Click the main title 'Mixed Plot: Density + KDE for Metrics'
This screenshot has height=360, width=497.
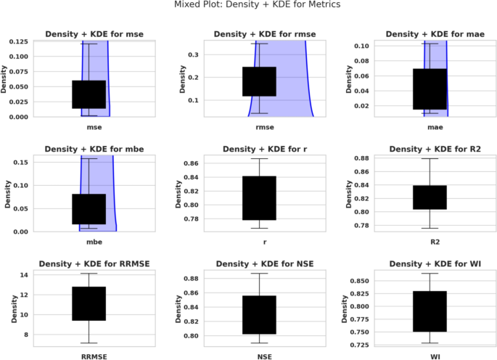(248, 5)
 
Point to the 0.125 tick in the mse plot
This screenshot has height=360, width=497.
(17, 44)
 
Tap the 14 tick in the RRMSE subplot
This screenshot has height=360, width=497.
(23, 275)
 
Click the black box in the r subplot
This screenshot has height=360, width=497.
(259, 197)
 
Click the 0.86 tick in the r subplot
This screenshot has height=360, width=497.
(192, 164)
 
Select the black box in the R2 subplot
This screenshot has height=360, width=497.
(429, 197)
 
